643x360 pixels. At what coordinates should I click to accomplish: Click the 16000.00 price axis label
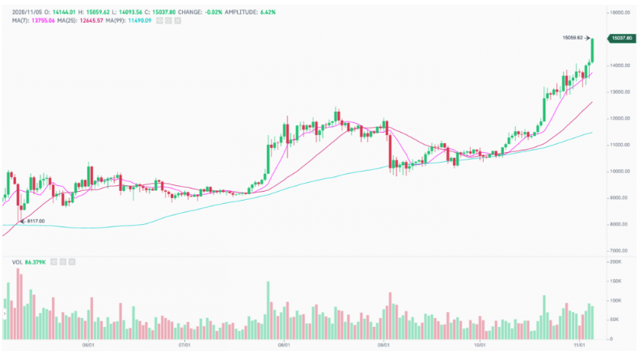pos(621,13)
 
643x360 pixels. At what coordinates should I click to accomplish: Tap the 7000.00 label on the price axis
pos(620,251)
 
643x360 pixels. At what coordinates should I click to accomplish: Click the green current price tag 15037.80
pos(621,38)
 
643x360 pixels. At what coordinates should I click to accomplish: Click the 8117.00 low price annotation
pos(35,221)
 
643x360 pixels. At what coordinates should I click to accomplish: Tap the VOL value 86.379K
pos(35,262)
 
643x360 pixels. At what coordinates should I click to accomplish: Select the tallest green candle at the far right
pos(593,50)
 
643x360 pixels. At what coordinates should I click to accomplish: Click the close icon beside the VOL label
pos(74,262)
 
